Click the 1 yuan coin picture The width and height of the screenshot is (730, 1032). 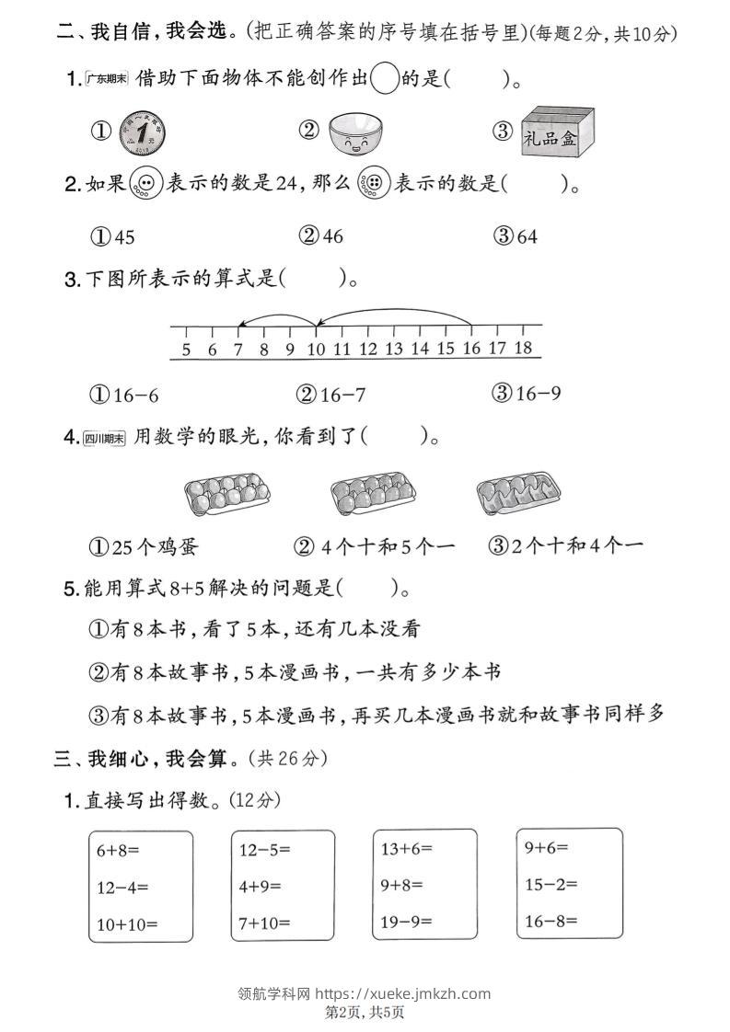tap(142, 132)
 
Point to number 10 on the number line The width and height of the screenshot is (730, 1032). tap(316, 349)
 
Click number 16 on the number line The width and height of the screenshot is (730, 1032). tap(471, 349)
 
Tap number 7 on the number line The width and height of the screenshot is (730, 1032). tap(238, 349)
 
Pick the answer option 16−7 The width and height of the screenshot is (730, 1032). tap(331, 395)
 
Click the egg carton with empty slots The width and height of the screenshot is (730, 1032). tap(518, 494)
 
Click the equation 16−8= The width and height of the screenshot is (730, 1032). tap(550, 920)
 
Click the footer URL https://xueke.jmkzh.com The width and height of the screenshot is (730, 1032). tap(402, 992)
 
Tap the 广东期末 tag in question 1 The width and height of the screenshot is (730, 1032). tap(106, 79)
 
